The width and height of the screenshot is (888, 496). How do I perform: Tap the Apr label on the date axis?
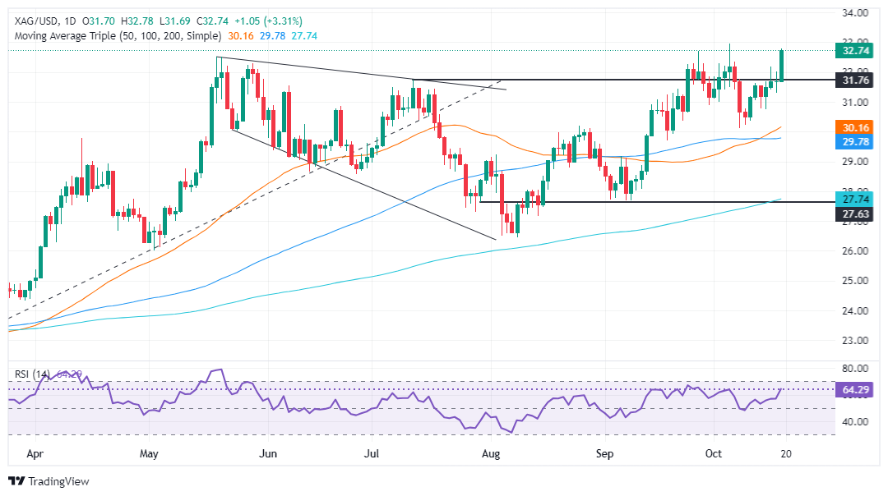tap(35, 452)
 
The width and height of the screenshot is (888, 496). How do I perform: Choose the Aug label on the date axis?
tap(490, 452)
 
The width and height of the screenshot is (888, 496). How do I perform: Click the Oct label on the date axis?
tap(713, 452)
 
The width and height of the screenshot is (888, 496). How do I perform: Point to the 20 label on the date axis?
tap(785, 452)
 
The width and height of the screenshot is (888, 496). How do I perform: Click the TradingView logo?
tap(49, 481)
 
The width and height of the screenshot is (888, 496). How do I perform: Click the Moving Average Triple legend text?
tap(115, 36)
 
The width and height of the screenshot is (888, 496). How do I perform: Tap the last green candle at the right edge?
tap(782, 65)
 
